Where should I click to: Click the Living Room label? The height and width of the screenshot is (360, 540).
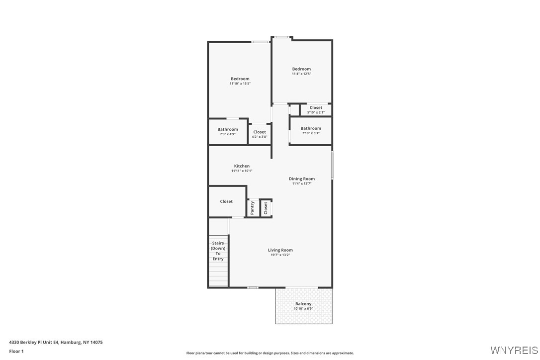280,250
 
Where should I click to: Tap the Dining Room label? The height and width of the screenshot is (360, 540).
301,179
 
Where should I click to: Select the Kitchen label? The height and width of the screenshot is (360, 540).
242,166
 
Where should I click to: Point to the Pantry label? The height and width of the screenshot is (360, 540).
253,208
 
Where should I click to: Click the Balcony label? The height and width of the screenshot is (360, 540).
303,304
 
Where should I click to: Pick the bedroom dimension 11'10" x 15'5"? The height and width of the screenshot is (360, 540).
240,84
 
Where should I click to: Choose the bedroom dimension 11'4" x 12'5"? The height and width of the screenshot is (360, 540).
301,74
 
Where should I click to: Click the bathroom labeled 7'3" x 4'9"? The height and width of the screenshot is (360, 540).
227,132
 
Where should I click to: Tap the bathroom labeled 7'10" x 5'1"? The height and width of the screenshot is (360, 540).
310,130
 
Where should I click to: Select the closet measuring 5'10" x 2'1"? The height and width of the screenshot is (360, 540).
316,110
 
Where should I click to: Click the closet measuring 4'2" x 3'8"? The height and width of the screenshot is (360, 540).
259,134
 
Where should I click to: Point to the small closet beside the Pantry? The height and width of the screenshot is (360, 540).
266,207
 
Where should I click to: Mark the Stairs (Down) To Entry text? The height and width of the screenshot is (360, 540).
218,251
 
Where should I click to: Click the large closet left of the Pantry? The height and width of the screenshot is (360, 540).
226,201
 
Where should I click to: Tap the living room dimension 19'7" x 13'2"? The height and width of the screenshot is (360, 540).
280,255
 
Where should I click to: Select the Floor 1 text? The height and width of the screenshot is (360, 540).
16,351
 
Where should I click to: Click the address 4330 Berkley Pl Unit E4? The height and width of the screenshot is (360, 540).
56,342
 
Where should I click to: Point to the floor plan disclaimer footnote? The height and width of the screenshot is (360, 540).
270,353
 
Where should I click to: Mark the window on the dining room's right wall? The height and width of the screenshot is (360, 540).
332,166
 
